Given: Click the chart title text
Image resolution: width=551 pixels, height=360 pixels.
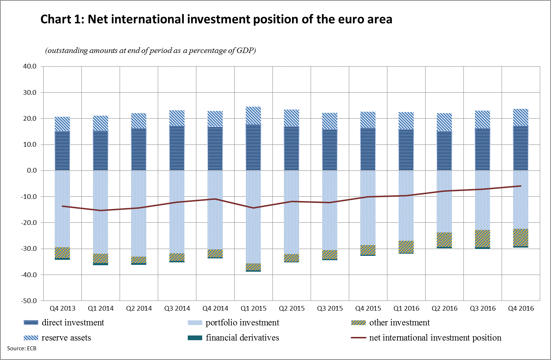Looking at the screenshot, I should [x=216, y=19].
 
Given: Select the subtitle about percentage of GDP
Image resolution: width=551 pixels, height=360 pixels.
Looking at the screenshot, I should [x=150, y=50].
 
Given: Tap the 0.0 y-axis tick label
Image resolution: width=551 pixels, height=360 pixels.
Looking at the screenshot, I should [x=32, y=170].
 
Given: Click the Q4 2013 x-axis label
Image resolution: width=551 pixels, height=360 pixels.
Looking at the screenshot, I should [x=63, y=308].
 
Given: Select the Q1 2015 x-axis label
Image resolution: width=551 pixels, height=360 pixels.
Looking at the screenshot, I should [x=253, y=308].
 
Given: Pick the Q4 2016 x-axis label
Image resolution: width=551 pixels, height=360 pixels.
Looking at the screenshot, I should [x=521, y=308].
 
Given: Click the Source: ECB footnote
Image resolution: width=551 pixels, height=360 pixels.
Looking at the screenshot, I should [x=22, y=348].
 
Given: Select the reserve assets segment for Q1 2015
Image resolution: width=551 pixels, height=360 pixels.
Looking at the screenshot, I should [x=253, y=116].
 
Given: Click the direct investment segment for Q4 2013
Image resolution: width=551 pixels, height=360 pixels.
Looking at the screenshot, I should [x=62, y=151].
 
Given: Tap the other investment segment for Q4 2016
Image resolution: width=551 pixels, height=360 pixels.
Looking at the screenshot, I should [x=521, y=237].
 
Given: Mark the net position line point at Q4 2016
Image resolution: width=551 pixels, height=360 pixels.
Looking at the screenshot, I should [x=521, y=186].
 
